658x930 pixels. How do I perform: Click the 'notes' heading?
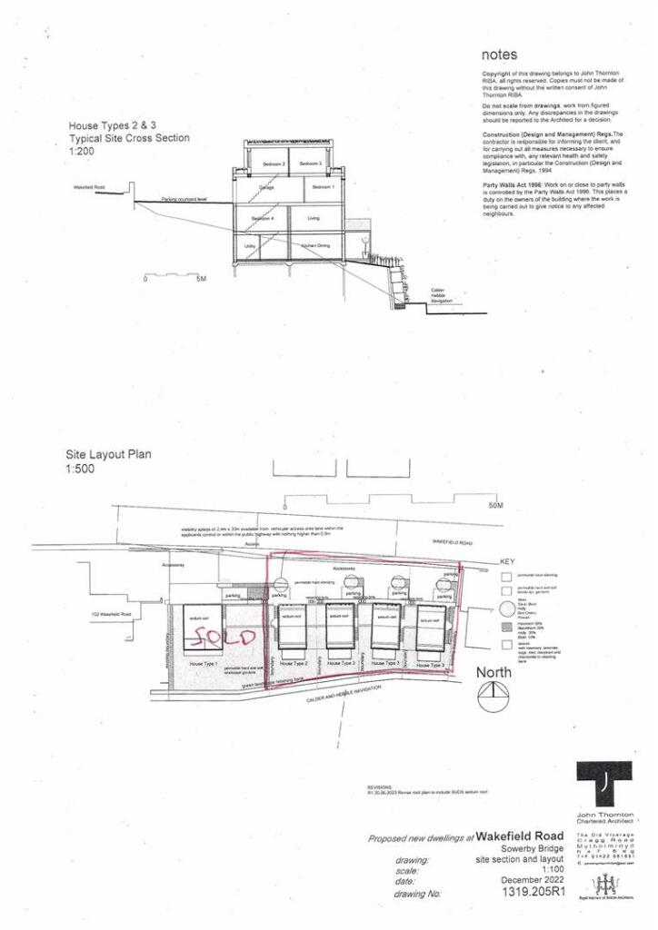click(501, 54)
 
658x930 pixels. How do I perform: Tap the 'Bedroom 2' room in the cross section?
click(249, 163)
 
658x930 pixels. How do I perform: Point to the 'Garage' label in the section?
click(265, 187)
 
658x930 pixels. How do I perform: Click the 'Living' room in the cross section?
click(314, 218)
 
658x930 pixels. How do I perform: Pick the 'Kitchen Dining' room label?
click(314, 246)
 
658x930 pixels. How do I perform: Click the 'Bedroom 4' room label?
click(262, 220)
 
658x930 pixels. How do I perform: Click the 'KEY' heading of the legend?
click(507, 562)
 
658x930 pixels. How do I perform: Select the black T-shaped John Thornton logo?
click(601, 784)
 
